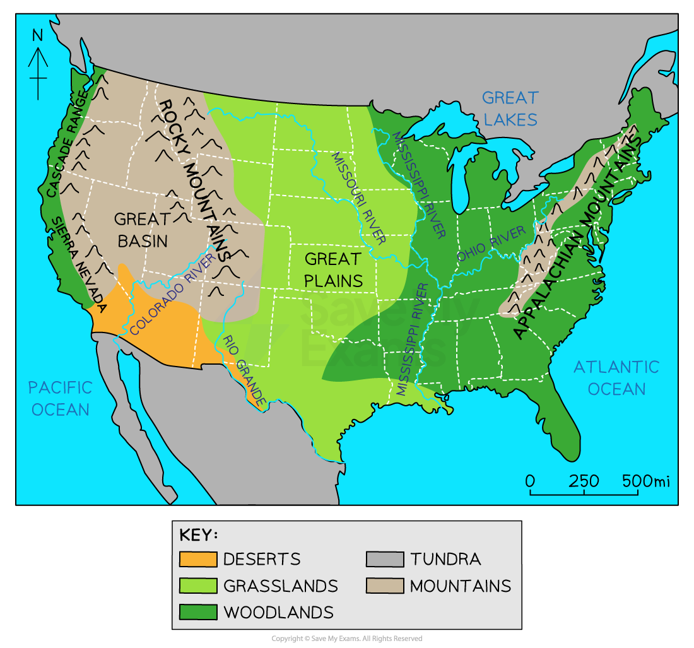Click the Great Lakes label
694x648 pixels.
tap(510, 108)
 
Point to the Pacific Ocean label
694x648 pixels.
tap(61, 398)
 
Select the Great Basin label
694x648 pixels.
tap(142, 229)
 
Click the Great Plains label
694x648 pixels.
tap(333, 269)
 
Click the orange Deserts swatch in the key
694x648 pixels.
tap(197, 559)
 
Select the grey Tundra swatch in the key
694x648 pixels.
tap(384, 559)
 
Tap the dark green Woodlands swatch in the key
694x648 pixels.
tap(197, 612)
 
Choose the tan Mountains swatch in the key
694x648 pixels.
tap(384, 586)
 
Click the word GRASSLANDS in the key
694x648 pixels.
tap(280, 586)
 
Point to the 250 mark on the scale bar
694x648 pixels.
tap(584, 481)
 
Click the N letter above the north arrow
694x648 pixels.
tap(38, 36)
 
